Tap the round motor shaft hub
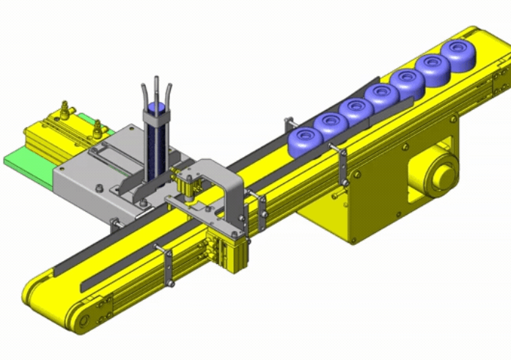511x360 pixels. click(x=443, y=176)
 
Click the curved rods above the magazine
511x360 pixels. click(x=156, y=92)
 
